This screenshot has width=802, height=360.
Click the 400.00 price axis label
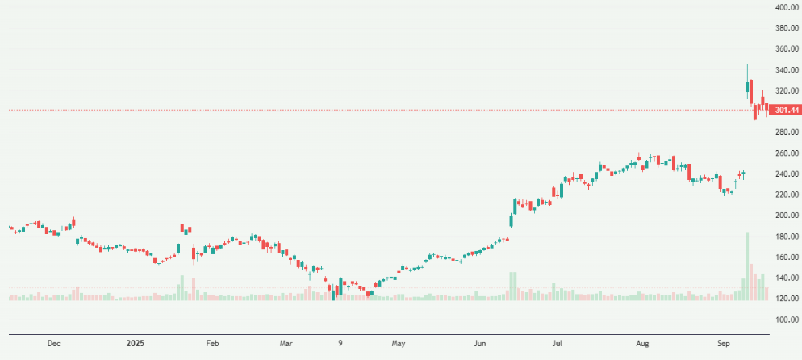pos(786,7)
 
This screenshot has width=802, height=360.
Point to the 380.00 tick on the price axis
pos(786,28)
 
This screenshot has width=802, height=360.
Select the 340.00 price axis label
pos(786,69)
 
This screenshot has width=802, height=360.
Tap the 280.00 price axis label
pos(786,132)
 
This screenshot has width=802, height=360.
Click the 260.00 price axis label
pos(786,153)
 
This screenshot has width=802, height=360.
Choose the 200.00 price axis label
pos(786,216)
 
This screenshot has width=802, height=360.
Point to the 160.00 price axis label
pos(786,257)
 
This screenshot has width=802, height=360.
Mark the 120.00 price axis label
pos(786,299)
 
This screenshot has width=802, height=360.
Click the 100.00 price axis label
pos(786,320)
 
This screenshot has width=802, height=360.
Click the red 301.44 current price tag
pos(785,110)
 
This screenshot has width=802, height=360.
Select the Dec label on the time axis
pos(53,344)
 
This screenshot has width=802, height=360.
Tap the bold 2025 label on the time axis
pos(136,344)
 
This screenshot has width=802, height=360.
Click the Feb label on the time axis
pos(212,344)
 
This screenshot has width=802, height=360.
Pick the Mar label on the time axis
pos(286,344)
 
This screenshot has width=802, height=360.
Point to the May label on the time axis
pos(398,344)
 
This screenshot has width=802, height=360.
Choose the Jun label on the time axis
pos(480,344)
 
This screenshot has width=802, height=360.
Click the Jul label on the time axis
pos(558,344)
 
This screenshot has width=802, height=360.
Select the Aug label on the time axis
pos(641,344)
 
